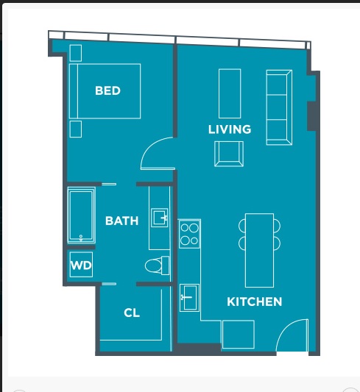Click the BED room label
pyautogui.click(x=107, y=91)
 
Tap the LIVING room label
pyautogui.click(x=229, y=129)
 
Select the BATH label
pyautogui.click(x=121, y=221)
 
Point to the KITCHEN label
pyautogui.click(x=254, y=302)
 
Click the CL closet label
pyautogui.click(x=132, y=313)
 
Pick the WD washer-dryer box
pyautogui.click(x=81, y=266)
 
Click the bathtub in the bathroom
pyautogui.click(x=81, y=215)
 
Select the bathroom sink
pyautogui.click(x=160, y=217)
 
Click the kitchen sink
pyautogui.click(x=188, y=298)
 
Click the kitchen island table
pyautogui.click(x=259, y=250)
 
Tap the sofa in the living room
pyautogui.click(x=278, y=107)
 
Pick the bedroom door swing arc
pyautogui.click(x=156, y=153)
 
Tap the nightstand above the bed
pyautogui.click(x=76, y=53)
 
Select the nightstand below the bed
pyautogui.click(x=76, y=129)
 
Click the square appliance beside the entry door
pyautogui.click(x=238, y=335)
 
